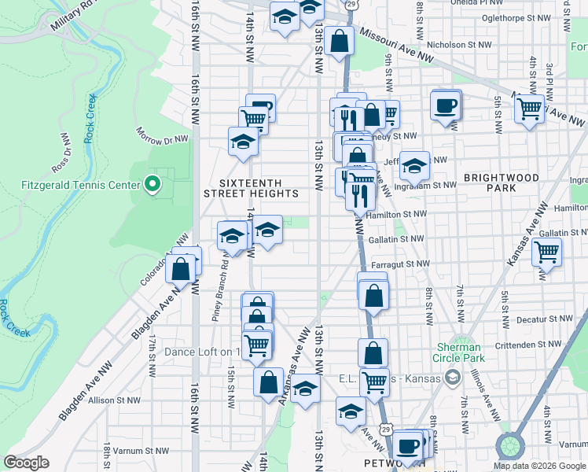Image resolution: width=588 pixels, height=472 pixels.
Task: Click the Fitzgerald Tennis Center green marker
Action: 153,186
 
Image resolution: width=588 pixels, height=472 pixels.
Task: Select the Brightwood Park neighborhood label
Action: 501,183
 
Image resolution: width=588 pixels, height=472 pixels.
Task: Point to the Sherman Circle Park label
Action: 459,352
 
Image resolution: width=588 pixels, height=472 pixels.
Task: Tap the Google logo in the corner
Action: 26,463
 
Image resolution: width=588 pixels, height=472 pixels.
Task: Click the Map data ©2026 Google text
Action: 539,466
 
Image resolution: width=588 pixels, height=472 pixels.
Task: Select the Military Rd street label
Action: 75,15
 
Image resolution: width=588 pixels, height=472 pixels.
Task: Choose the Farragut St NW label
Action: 400,264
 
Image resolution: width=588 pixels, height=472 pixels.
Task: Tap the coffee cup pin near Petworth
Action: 407,446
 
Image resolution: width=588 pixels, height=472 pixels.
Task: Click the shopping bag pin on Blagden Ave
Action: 181,268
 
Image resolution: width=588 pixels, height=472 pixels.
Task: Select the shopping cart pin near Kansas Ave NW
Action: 546,253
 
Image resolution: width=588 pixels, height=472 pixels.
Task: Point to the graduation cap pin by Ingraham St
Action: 415,166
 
